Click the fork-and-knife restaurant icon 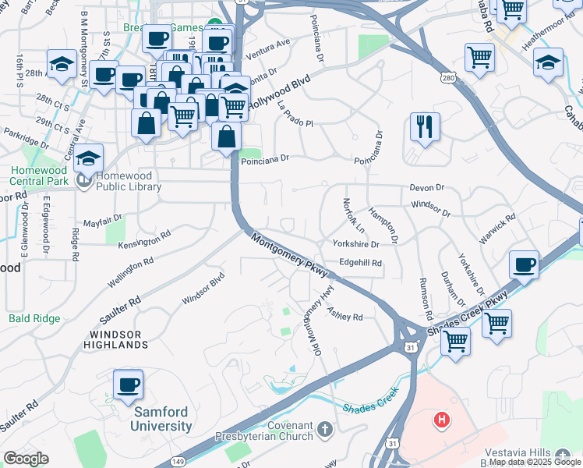point(425,127)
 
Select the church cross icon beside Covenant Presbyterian point(325,428)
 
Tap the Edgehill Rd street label point(360,264)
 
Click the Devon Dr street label point(426,188)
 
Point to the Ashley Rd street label point(345,317)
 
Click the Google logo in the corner point(26,459)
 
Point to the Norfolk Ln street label point(353,216)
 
